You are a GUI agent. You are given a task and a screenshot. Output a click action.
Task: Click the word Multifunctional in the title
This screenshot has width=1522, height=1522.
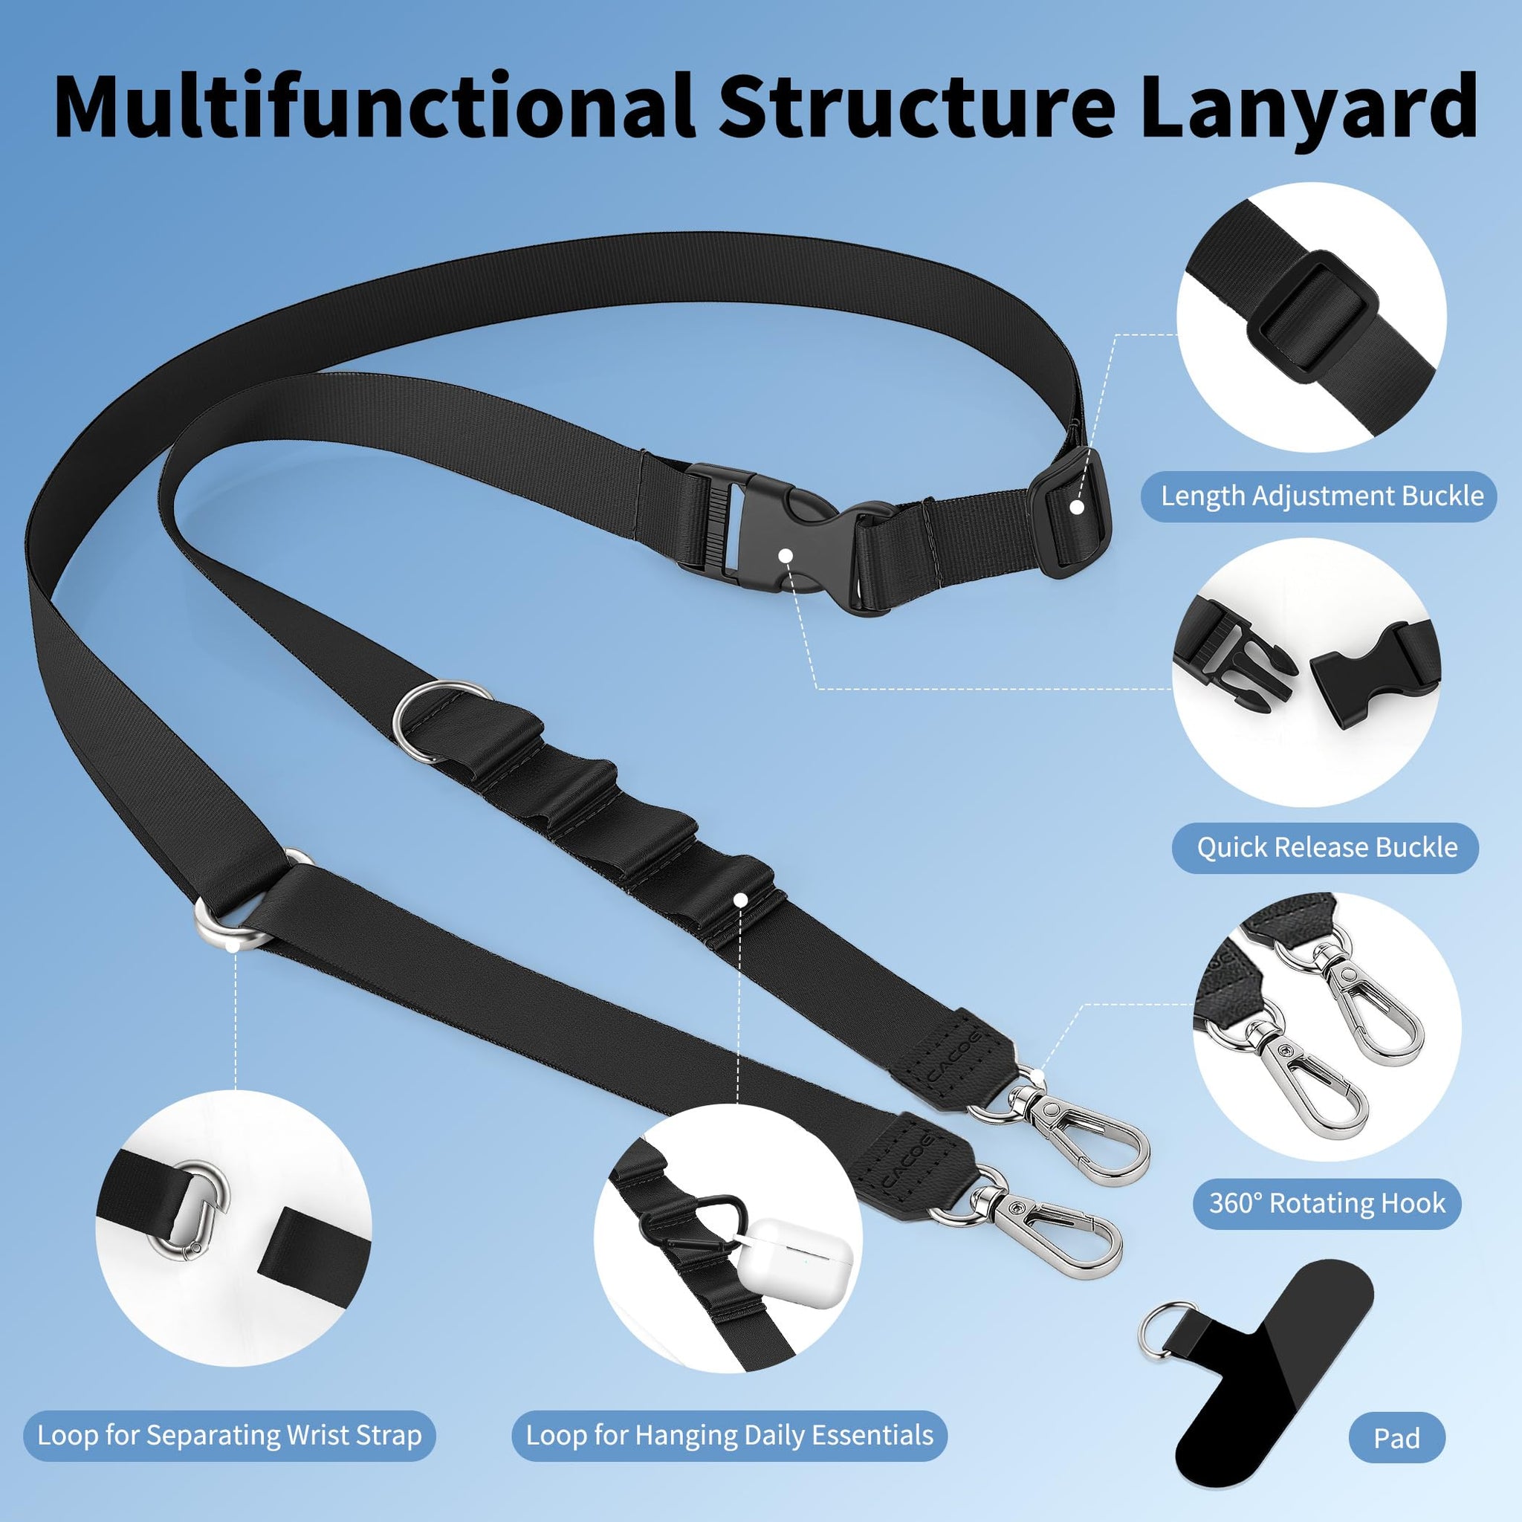[x=375, y=106]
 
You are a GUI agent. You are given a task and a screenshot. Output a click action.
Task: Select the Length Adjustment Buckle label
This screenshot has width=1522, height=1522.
[x=1322, y=496]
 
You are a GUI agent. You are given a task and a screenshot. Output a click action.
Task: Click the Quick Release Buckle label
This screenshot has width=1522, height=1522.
[x=1327, y=848]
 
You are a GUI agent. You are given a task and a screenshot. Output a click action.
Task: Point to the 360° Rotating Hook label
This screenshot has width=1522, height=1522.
[x=1327, y=1203]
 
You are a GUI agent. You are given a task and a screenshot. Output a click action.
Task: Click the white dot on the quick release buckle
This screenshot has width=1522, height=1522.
[x=785, y=555]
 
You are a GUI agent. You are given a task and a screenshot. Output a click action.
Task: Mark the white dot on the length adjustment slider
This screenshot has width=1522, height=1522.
[x=1076, y=508]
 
